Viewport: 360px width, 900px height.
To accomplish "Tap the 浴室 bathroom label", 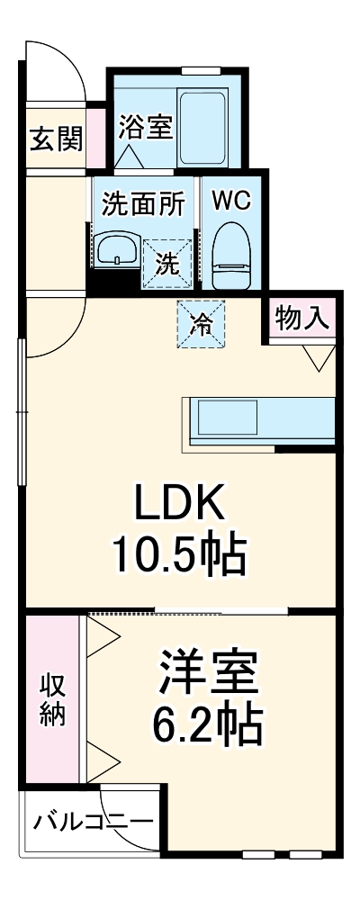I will (x=144, y=127).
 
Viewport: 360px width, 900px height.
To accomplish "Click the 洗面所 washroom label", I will (x=143, y=203).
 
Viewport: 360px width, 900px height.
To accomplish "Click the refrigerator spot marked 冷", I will (x=202, y=323).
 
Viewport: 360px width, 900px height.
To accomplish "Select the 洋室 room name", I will (x=209, y=670).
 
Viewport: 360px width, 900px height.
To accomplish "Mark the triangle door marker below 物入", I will (x=317, y=357).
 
